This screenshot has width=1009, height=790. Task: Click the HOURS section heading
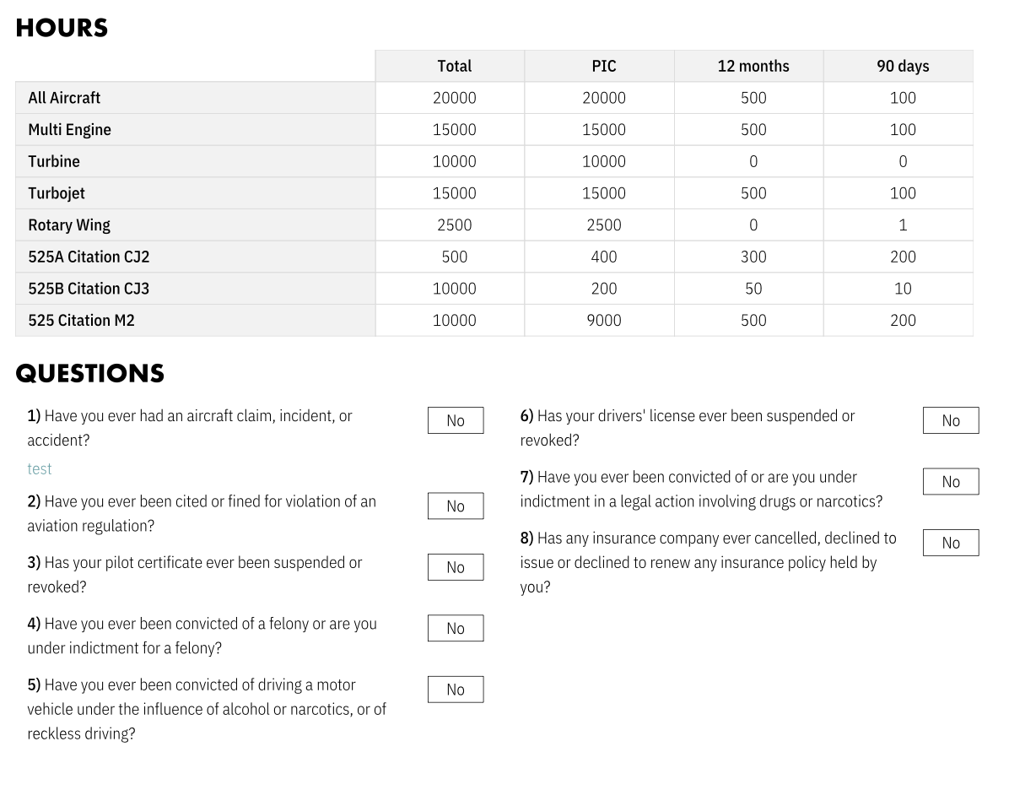[x=62, y=28]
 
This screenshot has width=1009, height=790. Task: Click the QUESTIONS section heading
[x=89, y=374]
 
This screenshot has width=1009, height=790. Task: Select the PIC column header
[x=603, y=66]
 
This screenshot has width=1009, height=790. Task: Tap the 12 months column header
[x=753, y=66]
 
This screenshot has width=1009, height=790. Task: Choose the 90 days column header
[x=902, y=66]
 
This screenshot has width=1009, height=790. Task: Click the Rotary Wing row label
[x=69, y=225]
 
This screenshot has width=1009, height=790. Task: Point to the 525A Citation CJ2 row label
[x=89, y=257]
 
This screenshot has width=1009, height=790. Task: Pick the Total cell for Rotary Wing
[x=454, y=225]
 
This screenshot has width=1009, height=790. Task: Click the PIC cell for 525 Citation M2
[x=603, y=321]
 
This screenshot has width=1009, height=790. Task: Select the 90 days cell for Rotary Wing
[x=902, y=225]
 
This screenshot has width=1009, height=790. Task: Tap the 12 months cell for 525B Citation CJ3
[x=753, y=289]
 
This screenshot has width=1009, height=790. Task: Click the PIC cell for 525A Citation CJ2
[x=603, y=257]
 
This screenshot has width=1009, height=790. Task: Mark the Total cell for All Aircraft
[x=454, y=98]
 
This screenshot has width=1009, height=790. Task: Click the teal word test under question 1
[x=40, y=469]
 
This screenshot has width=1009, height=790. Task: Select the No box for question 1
[x=456, y=420]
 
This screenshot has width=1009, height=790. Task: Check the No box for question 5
[x=456, y=690]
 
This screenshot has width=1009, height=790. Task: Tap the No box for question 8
[x=951, y=543]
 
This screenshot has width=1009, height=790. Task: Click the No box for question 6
[x=951, y=420]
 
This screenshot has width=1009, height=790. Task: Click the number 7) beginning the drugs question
[x=526, y=478]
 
